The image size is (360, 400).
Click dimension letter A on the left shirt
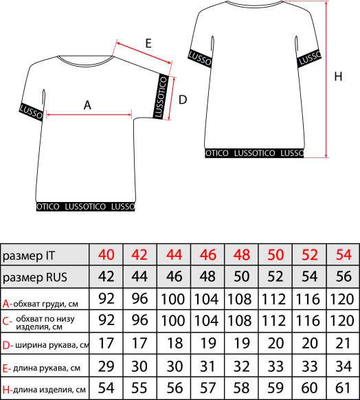click(x=87, y=105)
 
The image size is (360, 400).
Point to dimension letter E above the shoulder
click(x=148, y=43)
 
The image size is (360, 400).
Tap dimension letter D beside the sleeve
click(x=183, y=100)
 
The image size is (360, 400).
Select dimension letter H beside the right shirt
click(x=338, y=76)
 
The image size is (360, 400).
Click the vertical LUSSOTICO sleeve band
click(x=161, y=96)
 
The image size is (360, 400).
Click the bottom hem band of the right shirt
click(x=254, y=153)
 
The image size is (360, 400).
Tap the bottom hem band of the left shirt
click(x=85, y=206)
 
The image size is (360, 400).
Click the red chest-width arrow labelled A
click(x=89, y=115)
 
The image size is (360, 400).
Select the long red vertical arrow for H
click(x=326, y=79)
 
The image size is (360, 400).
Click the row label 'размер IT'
click(x=29, y=256)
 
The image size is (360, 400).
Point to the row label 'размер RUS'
click(x=35, y=277)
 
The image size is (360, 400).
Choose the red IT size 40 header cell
click(x=106, y=254)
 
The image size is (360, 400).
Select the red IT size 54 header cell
click(x=344, y=254)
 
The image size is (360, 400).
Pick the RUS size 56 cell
click(x=344, y=276)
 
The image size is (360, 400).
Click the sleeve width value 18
click(x=175, y=343)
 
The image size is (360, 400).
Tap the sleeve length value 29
click(x=106, y=366)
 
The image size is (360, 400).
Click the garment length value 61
click(x=343, y=388)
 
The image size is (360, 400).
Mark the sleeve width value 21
click(x=343, y=343)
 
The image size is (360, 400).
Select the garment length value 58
click(x=241, y=388)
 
